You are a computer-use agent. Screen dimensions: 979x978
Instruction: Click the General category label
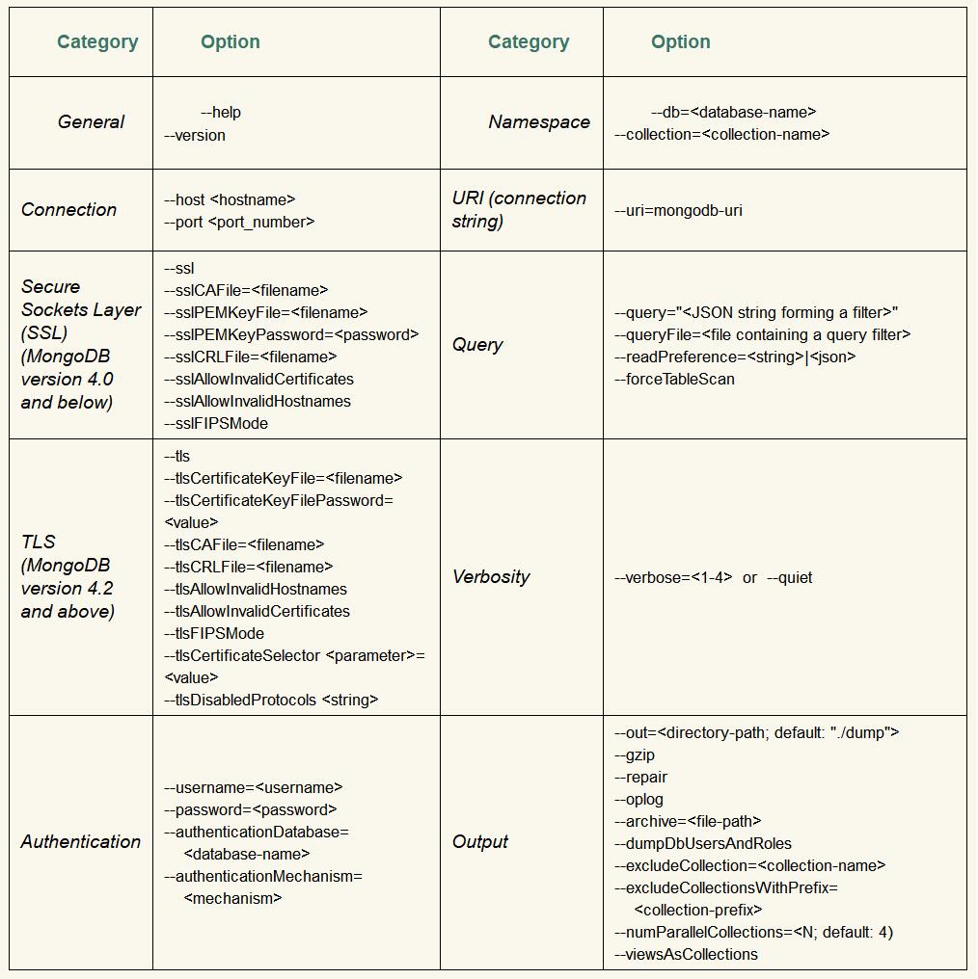(x=91, y=122)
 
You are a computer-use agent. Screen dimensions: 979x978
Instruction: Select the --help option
(x=221, y=113)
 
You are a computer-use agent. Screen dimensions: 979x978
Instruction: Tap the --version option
(x=195, y=136)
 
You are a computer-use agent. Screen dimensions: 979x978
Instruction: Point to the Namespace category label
(x=538, y=122)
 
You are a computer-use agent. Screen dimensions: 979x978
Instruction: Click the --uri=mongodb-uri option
(x=678, y=211)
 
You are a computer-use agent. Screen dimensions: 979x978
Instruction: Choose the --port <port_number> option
(x=239, y=223)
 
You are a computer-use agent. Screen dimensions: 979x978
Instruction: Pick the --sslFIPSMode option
(x=216, y=424)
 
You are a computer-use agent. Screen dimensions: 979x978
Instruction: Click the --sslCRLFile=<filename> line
(x=250, y=357)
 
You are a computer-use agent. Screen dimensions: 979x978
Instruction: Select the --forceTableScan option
(x=674, y=380)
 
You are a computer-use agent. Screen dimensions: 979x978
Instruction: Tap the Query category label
(x=477, y=345)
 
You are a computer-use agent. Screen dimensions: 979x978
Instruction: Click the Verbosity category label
(x=491, y=577)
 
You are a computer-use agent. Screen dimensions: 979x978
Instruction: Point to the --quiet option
(x=789, y=578)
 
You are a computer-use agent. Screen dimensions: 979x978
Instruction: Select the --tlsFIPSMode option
(x=214, y=634)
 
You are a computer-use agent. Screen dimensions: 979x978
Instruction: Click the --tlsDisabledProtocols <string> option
(x=271, y=701)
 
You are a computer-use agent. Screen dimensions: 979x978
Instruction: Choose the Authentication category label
(x=81, y=842)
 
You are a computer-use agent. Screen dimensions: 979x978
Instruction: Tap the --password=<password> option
(x=250, y=810)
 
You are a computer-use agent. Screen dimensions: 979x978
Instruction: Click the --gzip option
(x=635, y=755)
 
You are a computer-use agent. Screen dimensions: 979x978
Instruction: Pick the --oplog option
(x=638, y=800)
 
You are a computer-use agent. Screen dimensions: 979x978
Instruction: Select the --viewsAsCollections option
(x=686, y=955)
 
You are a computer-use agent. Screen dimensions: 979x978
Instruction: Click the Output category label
(x=480, y=842)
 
